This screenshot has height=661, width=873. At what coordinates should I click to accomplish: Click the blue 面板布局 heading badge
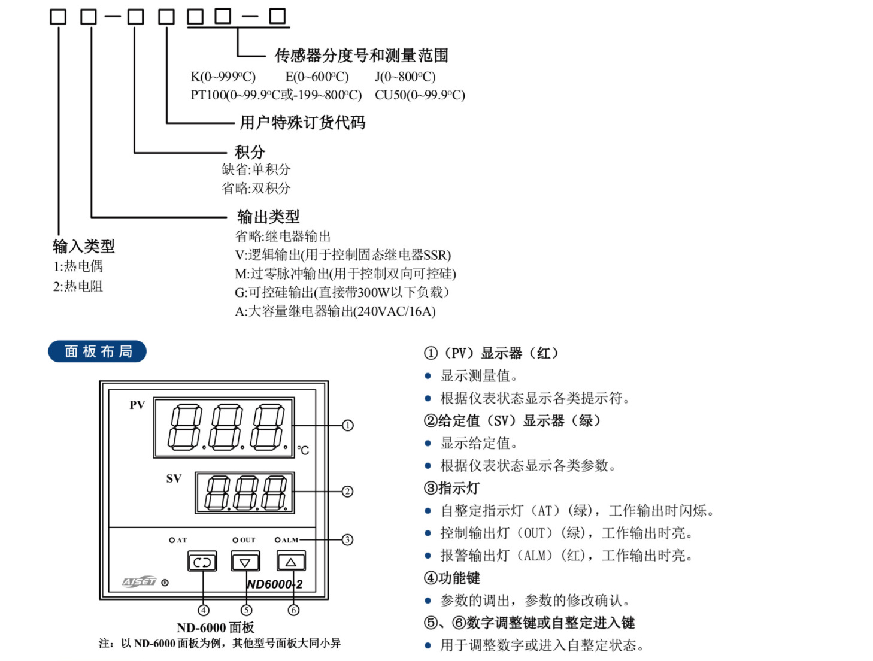98,351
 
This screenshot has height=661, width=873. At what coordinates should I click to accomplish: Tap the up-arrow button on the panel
291,562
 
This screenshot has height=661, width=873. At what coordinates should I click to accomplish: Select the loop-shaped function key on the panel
202,562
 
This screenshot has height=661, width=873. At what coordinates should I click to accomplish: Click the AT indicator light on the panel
172,540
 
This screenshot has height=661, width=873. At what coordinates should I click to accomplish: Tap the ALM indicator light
278,540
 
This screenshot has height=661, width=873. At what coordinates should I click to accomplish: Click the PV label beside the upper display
137,405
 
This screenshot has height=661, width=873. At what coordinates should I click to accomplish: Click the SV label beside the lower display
174,478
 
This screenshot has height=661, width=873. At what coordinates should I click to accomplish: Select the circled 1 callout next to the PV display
348,426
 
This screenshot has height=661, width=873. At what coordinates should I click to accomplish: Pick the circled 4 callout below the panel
204,610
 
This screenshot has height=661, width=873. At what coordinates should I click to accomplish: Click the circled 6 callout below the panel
293,610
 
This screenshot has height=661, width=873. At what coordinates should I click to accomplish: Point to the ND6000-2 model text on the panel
275,584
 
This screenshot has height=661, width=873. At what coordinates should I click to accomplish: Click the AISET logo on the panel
140,582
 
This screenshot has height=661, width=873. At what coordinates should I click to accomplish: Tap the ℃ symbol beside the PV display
304,450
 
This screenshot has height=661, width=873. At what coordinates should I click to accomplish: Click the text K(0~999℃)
223,77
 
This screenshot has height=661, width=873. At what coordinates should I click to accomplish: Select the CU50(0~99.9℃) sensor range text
420,95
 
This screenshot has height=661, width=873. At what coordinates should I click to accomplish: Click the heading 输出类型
268,217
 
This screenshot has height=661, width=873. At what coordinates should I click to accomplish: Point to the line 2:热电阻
78,286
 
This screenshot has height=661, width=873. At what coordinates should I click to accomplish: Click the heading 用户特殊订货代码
302,123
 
